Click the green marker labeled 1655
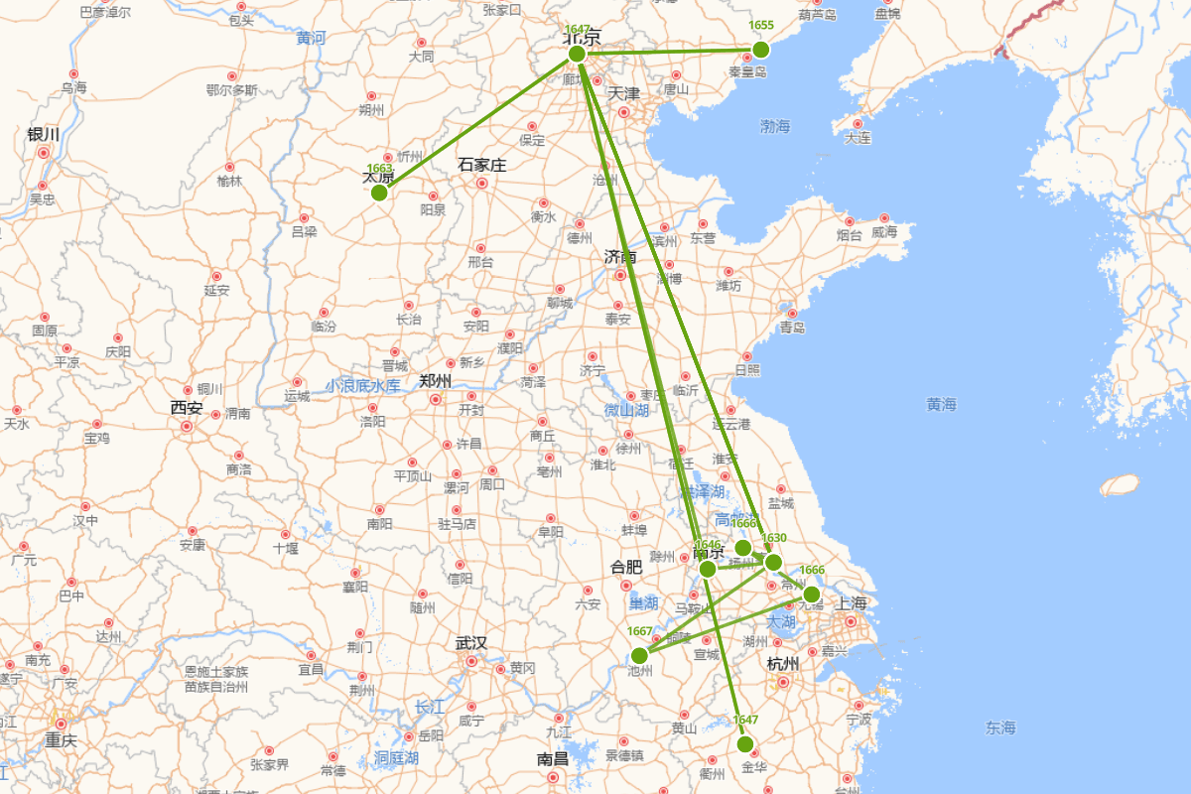761,50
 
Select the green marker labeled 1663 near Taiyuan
379,193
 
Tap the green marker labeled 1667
639,655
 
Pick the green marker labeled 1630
774,563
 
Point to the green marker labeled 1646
708,569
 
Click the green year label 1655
761,25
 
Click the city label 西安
186,407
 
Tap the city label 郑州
435,380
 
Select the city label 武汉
470,643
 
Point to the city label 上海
851,603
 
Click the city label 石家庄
482,165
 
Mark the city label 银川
44,134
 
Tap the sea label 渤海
775,126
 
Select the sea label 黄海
941,404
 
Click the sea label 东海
1000,728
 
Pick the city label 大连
858,138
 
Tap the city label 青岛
792,328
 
